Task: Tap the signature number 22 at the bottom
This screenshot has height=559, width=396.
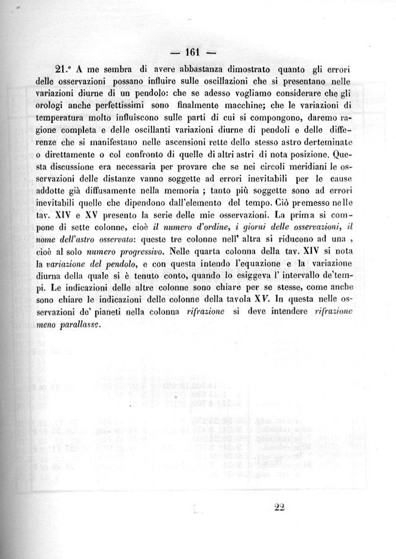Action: tap(280, 506)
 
